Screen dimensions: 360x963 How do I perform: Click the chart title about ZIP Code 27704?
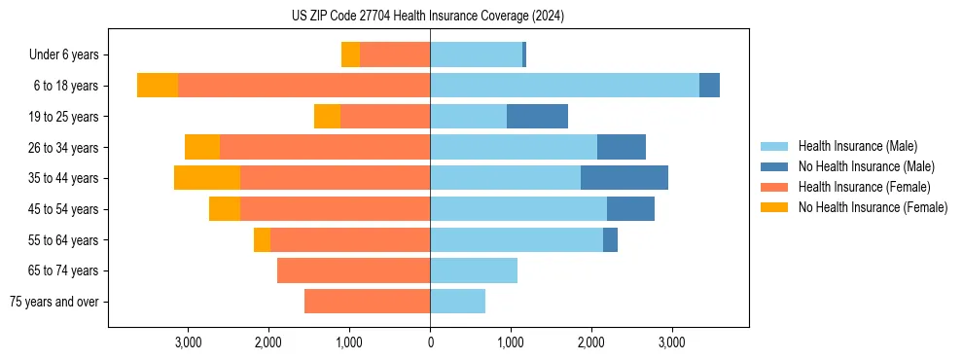click(428, 16)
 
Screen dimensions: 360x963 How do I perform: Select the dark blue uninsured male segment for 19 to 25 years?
click(537, 117)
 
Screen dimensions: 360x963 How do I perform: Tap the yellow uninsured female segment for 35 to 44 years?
click(207, 178)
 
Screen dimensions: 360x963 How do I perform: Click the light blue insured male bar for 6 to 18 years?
click(564, 86)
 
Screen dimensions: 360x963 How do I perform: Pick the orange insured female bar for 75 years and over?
click(367, 302)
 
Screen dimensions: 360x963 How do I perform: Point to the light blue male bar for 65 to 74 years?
click(474, 270)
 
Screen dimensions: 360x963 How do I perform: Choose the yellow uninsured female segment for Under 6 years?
click(350, 54)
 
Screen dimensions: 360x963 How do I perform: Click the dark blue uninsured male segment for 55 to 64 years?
click(610, 239)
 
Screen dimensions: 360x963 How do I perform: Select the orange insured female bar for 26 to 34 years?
click(325, 147)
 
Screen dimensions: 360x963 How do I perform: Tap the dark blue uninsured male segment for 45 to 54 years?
click(630, 209)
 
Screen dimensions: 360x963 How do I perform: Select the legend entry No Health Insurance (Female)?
click(873, 207)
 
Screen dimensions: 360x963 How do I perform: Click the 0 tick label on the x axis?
click(430, 342)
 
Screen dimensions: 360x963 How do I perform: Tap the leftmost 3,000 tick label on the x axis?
click(188, 342)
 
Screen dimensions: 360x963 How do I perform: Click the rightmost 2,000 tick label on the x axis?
click(591, 342)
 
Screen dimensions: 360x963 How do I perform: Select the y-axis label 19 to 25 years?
click(63, 117)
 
